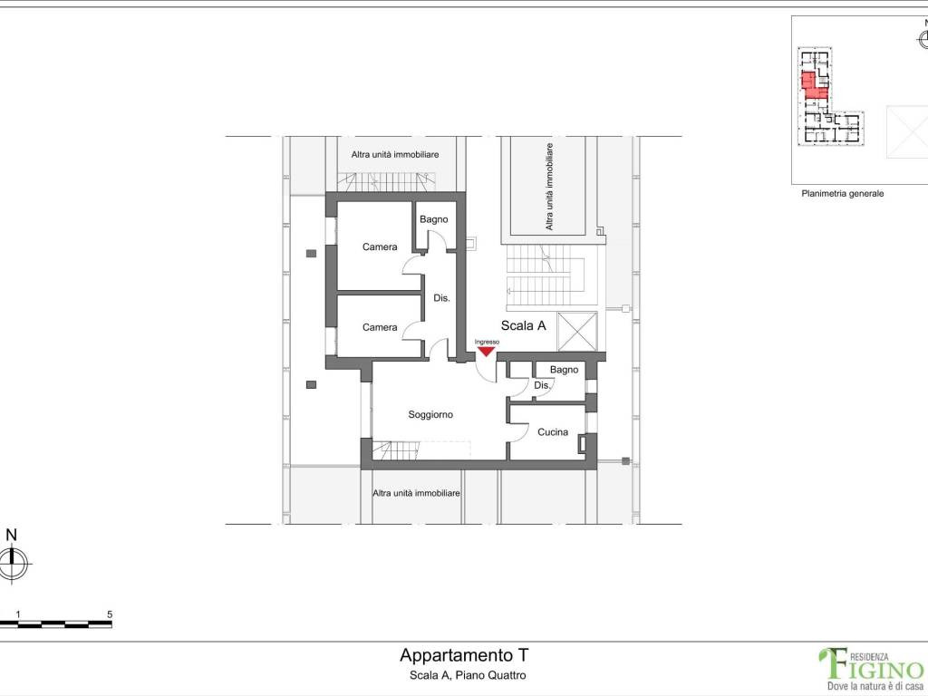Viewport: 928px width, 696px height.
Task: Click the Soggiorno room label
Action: (430, 415)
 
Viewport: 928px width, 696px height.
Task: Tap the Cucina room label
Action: (553, 432)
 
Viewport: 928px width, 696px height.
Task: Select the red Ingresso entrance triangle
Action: (486, 352)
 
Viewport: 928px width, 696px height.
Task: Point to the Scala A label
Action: (523, 325)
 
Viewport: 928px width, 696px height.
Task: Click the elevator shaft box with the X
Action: (577, 332)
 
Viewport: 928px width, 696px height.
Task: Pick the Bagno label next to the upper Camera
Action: (434, 219)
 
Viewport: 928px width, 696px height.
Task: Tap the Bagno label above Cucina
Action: (564, 370)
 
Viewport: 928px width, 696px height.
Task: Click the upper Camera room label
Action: (380, 246)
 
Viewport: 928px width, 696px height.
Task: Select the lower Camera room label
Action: (380, 327)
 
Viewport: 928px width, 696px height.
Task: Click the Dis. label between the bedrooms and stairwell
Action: (441, 298)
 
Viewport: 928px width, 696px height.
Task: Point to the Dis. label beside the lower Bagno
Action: (542, 385)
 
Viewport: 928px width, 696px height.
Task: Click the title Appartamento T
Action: (464, 655)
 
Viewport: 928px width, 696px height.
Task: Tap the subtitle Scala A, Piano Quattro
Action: (468, 675)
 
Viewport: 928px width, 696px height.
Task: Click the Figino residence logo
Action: (871, 669)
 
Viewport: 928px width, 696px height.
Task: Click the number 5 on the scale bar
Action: (110, 615)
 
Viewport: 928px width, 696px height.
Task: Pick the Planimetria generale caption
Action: (842, 194)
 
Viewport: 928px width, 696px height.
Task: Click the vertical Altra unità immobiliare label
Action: (549, 187)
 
